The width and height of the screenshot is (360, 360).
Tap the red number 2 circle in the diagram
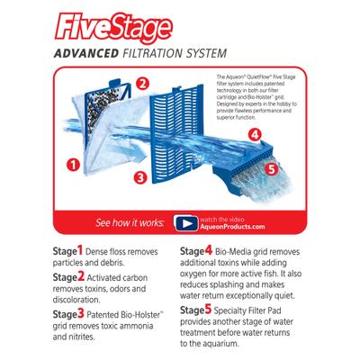click(x=142, y=85)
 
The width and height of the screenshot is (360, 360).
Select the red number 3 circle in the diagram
click(x=139, y=177)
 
